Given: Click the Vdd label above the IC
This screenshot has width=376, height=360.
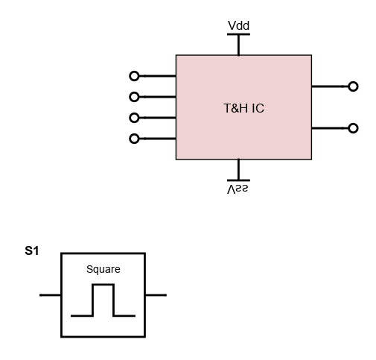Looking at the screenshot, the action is coord(238,25).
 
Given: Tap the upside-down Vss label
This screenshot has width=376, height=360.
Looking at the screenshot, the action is coord(238,189).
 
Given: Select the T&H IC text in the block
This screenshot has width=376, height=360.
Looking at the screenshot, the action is coord(243,108).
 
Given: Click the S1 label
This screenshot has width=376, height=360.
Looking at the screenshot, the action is coord(32,250).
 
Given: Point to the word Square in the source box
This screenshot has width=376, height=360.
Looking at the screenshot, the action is coord(103,269).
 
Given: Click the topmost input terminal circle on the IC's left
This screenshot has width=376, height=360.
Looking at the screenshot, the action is coord(134,76).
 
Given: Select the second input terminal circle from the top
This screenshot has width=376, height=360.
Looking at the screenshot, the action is coord(134,97).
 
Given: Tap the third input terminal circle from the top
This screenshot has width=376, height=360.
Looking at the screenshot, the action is coord(134,118).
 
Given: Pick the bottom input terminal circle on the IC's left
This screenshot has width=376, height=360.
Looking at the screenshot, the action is coord(134,139).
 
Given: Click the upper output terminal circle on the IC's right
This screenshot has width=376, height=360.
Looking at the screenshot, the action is coord(353,86).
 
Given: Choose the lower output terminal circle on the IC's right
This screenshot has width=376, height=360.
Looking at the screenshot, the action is coord(353,128).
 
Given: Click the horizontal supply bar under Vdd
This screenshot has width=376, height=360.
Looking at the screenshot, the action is coord(238,34).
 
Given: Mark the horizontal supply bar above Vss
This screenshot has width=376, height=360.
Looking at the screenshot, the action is coord(238,180).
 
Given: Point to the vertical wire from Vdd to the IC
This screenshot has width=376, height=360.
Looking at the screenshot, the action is coord(238,45).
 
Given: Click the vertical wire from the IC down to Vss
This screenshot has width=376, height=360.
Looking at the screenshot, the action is coord(238,169).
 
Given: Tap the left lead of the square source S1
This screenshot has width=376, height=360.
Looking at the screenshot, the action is coord(51,295).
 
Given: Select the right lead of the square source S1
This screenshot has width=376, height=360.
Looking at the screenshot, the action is coord(156,295).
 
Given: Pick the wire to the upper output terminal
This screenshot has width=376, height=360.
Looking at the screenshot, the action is coord(330,86).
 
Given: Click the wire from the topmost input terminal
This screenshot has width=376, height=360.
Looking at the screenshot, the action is coord(157,76).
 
